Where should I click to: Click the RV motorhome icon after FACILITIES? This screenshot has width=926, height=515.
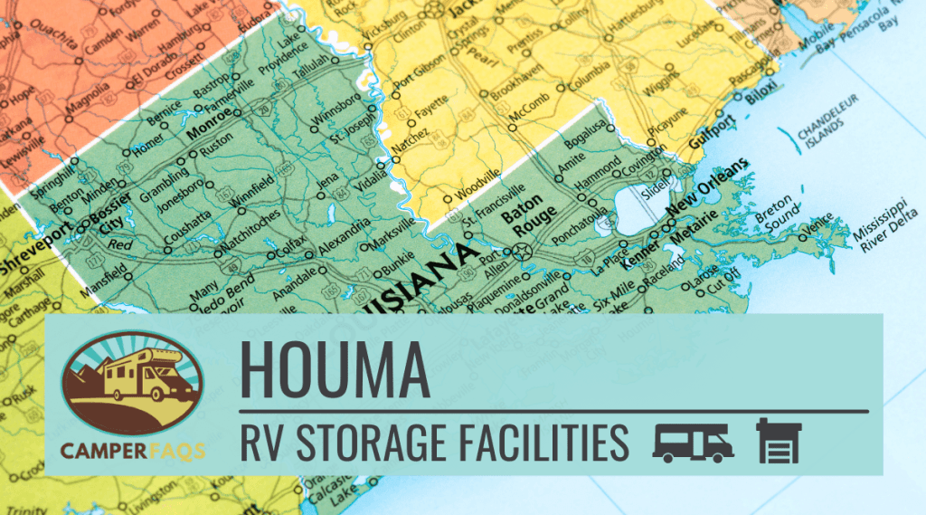click(693, 443)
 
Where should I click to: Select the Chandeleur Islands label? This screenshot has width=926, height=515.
click(825, 136)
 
